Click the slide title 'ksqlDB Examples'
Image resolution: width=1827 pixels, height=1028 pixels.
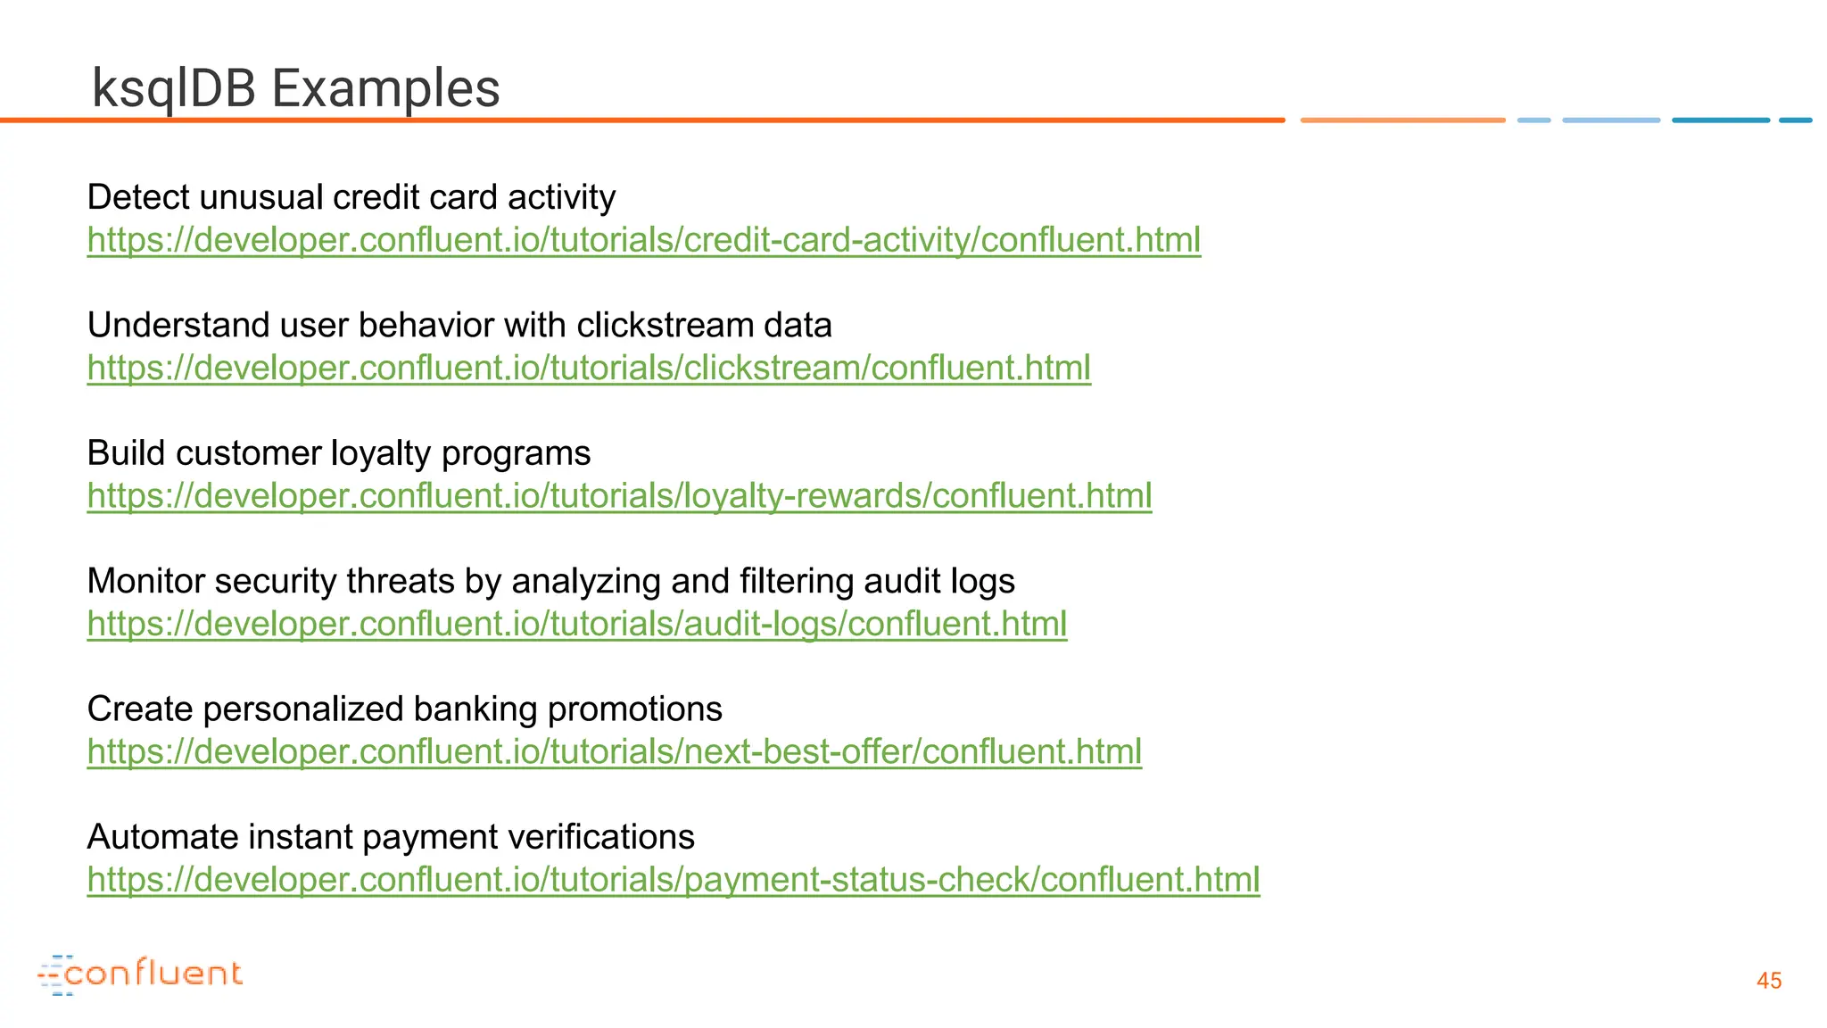295,89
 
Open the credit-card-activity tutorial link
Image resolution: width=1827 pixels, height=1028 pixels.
643,240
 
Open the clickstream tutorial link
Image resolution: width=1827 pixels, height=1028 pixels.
589,368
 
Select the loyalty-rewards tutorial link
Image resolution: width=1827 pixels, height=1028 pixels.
619,496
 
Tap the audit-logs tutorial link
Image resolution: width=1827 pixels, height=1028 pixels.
576,624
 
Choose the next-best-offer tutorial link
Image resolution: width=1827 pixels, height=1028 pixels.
614,751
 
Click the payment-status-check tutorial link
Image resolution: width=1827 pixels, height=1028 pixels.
673,880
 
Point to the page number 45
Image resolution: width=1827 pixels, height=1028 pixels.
1768,981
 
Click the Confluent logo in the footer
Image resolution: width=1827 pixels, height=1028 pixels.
140,974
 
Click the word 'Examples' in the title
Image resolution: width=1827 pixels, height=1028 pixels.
384,89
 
